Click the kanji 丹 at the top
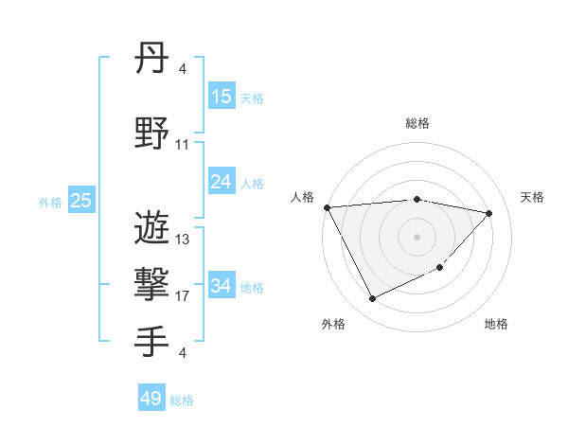coord(151,63)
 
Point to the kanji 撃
coord(151,285)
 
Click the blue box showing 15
coord(221,97)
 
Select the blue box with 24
coord(221,182)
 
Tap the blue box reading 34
coord(221,286)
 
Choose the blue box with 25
coord(80,201)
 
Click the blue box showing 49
coord(151,399)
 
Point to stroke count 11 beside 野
coord(183,145)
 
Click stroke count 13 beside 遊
coord(183,240)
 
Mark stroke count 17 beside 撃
coord(183,296)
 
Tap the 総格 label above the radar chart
coord(417,123)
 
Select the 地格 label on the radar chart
coord(496,324)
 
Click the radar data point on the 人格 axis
coord(327,207)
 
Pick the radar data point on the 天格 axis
coord(489,213)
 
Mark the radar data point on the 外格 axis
coord(372,299)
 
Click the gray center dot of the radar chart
coord(417,236)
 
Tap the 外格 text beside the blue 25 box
coord(50,202)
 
